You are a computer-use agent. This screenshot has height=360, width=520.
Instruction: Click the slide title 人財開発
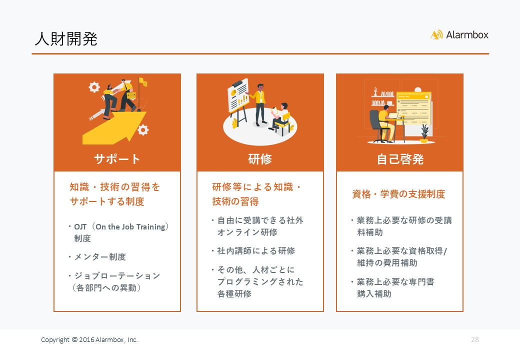66,39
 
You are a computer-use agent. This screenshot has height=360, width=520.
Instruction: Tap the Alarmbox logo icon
436,34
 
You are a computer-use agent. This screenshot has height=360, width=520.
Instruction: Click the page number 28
475,339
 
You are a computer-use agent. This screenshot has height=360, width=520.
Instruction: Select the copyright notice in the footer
89,340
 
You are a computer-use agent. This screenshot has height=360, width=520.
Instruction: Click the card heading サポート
117,159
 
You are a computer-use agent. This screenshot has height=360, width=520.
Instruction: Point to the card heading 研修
260,159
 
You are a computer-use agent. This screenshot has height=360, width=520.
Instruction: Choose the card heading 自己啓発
400,159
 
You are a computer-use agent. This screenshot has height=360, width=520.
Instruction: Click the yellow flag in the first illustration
143,81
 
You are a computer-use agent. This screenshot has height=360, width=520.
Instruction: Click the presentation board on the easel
238,94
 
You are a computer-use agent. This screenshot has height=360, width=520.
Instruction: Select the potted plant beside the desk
424,134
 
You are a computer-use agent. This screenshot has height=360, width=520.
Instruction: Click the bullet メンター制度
99,257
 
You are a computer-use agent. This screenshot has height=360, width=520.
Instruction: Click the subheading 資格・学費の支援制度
398,194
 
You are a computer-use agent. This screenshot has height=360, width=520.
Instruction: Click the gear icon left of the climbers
94,87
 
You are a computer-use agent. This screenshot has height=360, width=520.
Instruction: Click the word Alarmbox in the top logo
467,35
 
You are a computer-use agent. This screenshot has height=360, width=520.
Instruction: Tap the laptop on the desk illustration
393,115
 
